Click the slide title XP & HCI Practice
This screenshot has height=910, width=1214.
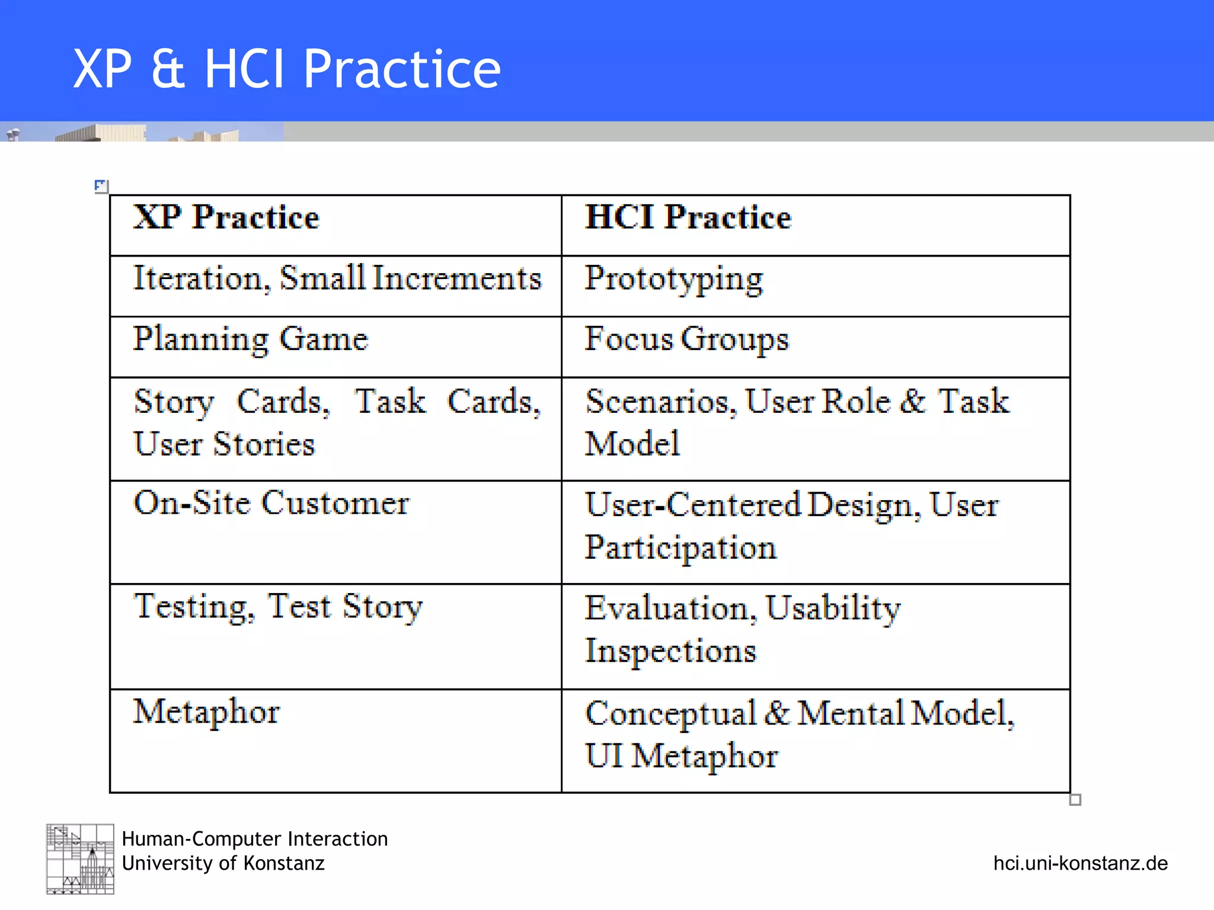click(x=287, y=69)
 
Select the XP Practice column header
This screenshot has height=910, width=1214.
click(x=226, y=217)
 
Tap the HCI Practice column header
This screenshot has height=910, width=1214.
click(x=688, y=217)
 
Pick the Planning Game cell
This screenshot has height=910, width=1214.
click(x=250, y=339)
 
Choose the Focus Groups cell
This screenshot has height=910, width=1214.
click(x=686, y=339)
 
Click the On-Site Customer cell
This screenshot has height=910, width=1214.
click(x=271, y=503)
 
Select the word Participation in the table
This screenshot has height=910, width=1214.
click(x=680, y=548)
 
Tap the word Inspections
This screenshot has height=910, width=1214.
click(x=670, y=651)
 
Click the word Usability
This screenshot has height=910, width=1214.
click(x=832, y=608)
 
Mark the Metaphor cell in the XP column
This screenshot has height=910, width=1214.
click(x=206, y=712)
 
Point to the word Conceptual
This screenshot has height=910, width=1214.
click(x=670, y=713)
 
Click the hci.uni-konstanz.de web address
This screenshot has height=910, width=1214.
click(x=1080, y=863)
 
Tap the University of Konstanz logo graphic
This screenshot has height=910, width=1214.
click(x=80, y=858)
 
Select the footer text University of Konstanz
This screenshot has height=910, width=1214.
click(x=223, y=863)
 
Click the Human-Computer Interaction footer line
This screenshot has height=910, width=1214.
click(x=254, y=839)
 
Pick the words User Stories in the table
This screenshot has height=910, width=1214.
click(x=224, y=444)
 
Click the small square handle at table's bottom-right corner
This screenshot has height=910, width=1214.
click(x=1075, y=800)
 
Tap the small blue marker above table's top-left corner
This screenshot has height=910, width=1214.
click(x=101, y=186)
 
